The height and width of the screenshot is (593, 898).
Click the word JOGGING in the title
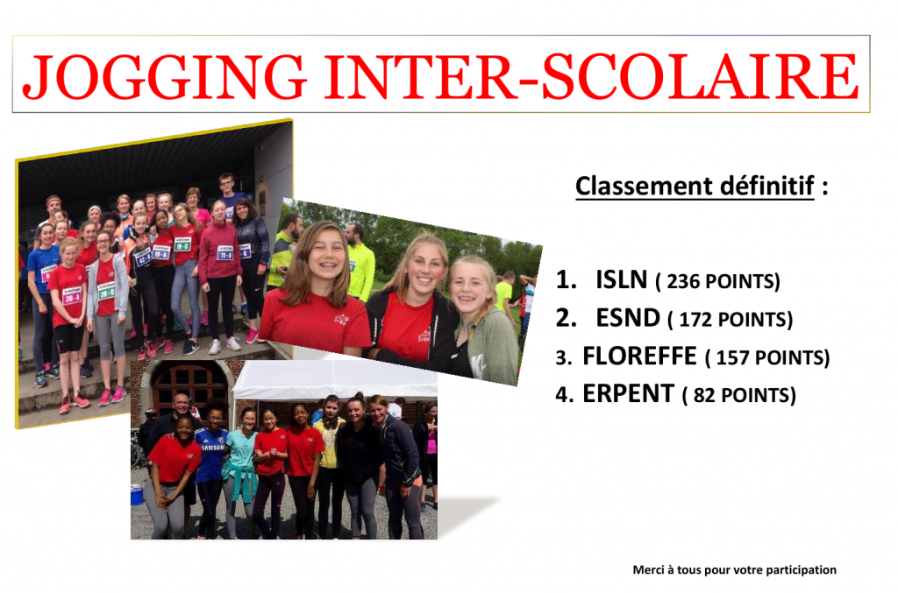[164, 77]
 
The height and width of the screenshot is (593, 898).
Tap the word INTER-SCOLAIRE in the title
[592, 76]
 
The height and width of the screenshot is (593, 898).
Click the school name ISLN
[622, 279]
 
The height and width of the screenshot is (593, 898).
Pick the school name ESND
[628, 318]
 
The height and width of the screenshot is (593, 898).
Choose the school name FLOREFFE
[639, 356]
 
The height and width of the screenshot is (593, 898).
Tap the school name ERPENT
[628, 393]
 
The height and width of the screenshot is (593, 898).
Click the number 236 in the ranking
[683, 281]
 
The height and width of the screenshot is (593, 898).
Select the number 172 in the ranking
[695, 320]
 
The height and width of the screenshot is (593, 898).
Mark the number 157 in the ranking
[732, 357]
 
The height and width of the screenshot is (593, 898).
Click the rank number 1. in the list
[567, 279]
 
